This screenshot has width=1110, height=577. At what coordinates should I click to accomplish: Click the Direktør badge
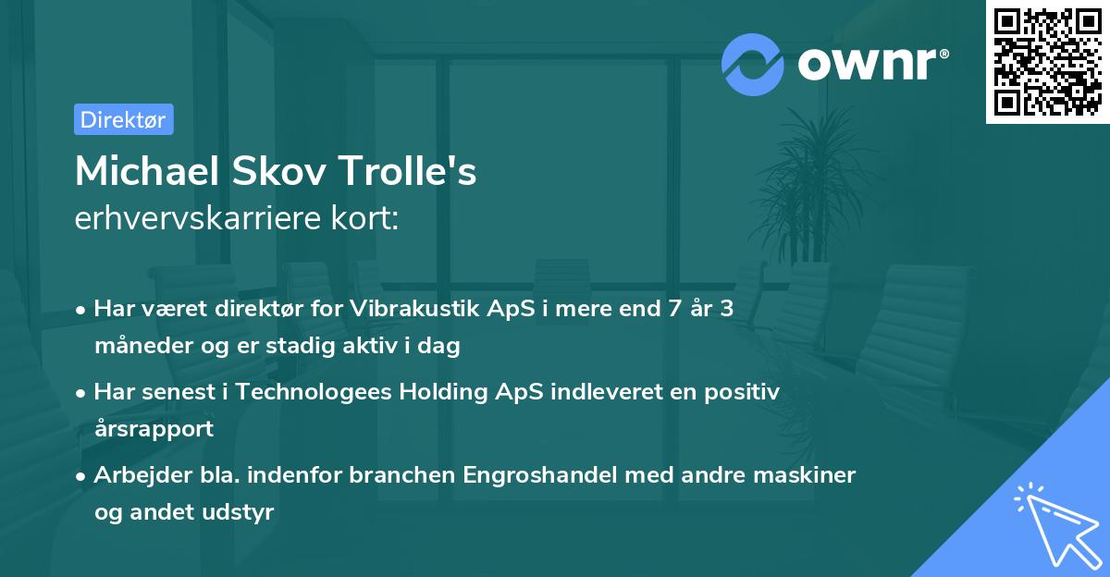pos(123,119)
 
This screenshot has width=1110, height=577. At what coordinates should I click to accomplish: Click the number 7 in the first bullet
pos(660,309)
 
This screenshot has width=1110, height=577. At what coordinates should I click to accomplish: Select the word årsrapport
pos(154,428)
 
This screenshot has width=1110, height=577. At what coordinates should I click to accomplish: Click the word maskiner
pos(808,475)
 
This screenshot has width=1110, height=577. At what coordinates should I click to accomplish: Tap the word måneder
pos(142,346)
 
